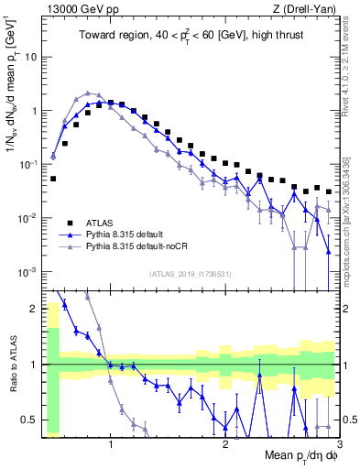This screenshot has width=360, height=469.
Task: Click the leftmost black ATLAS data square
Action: [53, 180]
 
